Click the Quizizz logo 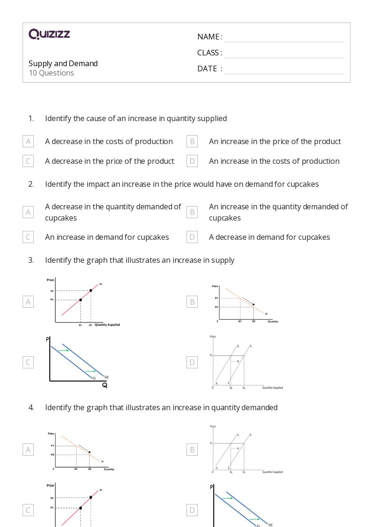[49, 34]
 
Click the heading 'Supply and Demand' [63, 63]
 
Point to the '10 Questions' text [51, 73]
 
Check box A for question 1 [28, 141]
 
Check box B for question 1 [192, 141]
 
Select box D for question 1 [192, 161]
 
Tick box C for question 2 [28, 237]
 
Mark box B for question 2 [192, 212]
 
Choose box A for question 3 [28, 302]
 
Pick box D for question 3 [192, 362]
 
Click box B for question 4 [192, 450]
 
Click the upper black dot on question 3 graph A [91, 290]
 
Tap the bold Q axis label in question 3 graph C [104, 385]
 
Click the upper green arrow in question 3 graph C [64, 351]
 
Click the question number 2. [31, 184]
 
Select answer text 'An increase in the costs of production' [274, 161]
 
